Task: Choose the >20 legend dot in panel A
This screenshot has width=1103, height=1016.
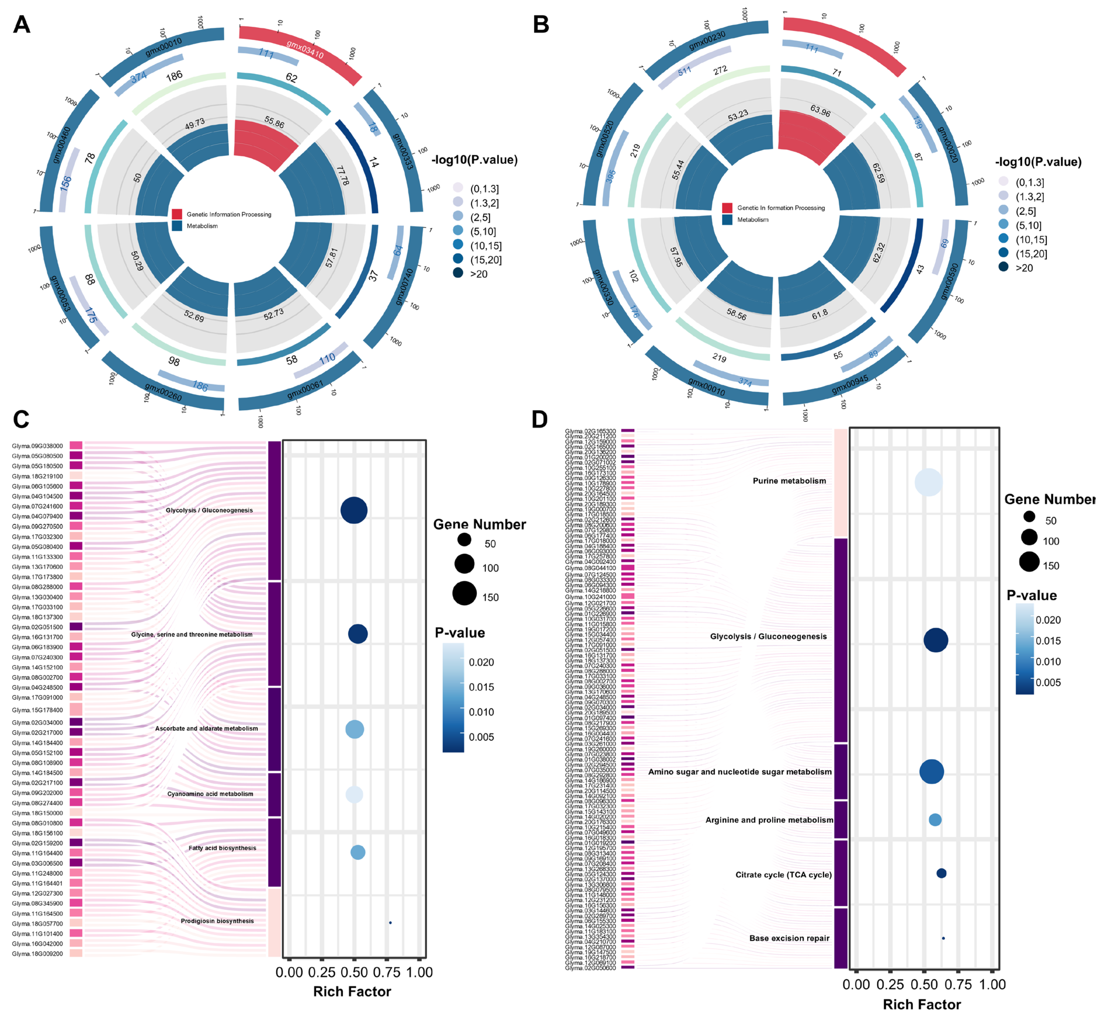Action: click(458, 273)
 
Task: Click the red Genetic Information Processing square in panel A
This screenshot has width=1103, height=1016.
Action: click(177, 214)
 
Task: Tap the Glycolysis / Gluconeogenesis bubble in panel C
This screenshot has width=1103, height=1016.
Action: click(354, 510)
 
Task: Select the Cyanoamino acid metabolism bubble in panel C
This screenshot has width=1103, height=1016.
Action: click(354, 794)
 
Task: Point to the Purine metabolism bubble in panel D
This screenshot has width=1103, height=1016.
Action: click(928, 482)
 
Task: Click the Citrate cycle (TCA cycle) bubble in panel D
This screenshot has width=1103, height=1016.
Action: click(941, 873)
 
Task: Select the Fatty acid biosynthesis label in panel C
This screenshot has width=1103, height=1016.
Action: click(222, 848)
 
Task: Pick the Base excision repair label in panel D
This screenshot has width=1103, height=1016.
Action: click(789, 938)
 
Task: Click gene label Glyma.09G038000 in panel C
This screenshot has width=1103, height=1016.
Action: click(37, 446)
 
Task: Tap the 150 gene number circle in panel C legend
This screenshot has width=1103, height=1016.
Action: click(464, 593)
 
